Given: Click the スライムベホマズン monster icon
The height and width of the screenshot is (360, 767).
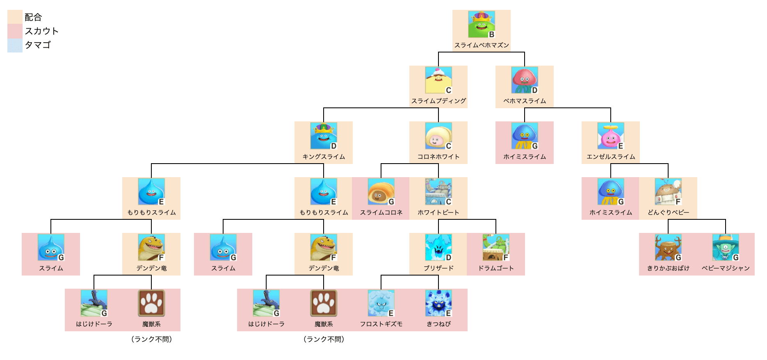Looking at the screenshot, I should [x=481, y=24].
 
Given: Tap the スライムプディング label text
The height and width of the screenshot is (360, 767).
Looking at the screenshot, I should [x=438, y=101].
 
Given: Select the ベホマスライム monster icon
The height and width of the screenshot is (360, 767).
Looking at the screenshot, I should [x=524, y=80].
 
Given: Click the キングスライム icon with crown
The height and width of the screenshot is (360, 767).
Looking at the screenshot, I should [x=323, y=136].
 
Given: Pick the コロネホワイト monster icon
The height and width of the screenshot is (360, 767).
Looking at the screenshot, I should [x=438, y=136].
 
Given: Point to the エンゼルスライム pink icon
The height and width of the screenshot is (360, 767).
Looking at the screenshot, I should [x=610, y=136].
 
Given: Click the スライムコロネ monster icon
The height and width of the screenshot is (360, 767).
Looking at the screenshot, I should [x=381, y=191].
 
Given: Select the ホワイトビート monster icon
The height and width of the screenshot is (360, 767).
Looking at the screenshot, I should [x=438, y=191].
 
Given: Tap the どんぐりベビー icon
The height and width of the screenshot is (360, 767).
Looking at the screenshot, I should [x=668, y=191].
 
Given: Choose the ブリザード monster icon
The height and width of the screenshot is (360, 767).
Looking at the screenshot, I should [x=438, y=247].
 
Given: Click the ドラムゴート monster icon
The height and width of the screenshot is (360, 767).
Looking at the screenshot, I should [x=495, y=247].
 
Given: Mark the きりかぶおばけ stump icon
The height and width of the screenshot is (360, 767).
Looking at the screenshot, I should [x=668, y=247].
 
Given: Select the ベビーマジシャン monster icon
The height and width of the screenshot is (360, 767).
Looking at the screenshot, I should [x=725, y=247].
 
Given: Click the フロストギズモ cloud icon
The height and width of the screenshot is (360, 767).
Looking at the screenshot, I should [x=381, y=303].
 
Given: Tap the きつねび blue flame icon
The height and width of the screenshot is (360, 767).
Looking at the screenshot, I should [x=438, y=303].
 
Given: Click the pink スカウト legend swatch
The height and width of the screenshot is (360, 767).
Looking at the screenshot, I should [x=15, y=31].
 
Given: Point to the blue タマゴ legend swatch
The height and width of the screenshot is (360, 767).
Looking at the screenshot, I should [x=15, y=45].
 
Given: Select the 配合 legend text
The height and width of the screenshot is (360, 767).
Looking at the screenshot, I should [x=33, y=17].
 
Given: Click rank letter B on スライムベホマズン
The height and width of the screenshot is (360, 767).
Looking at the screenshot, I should [x=491, y=34].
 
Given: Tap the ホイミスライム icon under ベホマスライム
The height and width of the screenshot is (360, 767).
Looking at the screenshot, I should [x=524, y=136].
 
